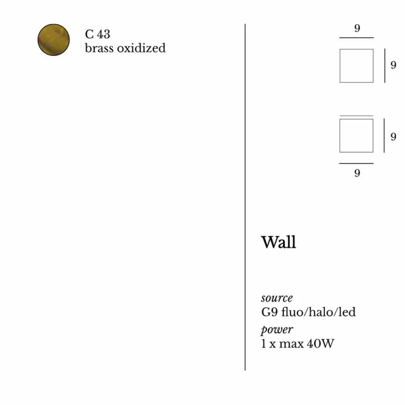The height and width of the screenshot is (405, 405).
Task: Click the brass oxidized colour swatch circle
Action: click(x=53, y=40)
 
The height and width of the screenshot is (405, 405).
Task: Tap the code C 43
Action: click(x=98, y=34)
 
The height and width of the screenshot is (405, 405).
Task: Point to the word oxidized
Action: click(x=141, y=48)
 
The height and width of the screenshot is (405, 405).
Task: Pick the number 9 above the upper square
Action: click(x=357, y=28)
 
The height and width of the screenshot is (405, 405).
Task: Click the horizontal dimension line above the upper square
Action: click(x=356, y=38)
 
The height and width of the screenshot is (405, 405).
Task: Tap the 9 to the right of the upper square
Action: click(x=393, y=65)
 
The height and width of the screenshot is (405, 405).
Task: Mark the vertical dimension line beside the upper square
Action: click(x=385, y=66)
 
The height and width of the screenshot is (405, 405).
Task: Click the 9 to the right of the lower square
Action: click(x=393, y=137)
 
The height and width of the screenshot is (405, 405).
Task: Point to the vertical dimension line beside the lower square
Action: click(x=384, y=136)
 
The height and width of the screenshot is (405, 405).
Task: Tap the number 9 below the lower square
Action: click(x=357, y=173)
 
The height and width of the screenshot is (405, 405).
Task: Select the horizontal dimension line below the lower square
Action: click(x=356, y=164)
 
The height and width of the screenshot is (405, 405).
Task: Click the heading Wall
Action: click(x=279, y=242)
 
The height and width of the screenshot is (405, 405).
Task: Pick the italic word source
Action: click(x=277, y=298)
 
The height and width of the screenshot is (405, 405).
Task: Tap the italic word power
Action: click(x=277, y=330)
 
